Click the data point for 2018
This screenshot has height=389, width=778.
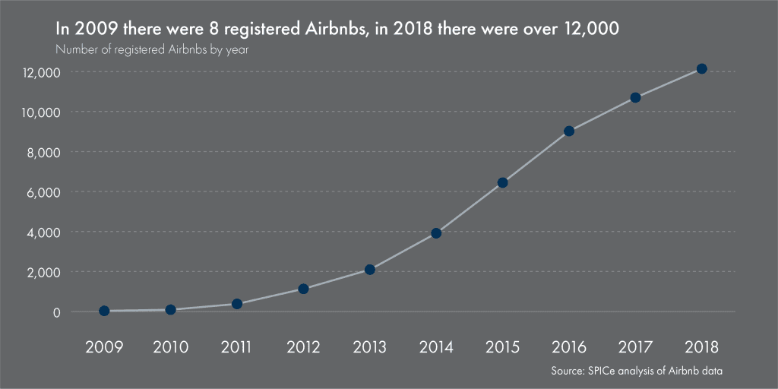pos(702,69)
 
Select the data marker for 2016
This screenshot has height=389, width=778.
pos(569,131)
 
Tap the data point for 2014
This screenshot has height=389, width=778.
pos(436,233)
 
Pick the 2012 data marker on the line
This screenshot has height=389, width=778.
pos(303,289)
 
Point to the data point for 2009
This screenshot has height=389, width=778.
pos(104,311)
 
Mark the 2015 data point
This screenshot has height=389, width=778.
pos(502,182)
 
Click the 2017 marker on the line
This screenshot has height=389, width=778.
pos(635,97)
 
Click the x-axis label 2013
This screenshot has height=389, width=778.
pos(370,347)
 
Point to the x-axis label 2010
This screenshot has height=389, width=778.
pos(170,347)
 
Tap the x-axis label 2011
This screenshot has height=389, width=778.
pos(237,347)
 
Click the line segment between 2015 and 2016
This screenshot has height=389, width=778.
pos(536,157)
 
